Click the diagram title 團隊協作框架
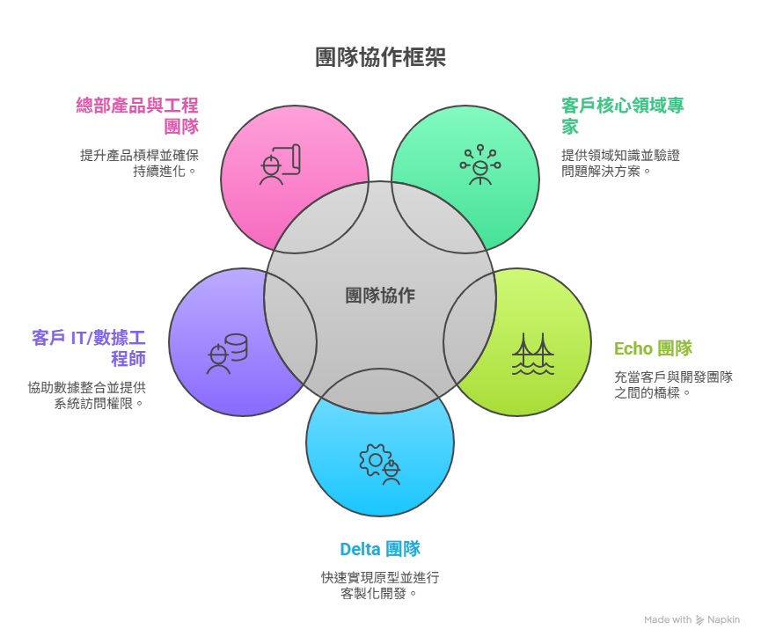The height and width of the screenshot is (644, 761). [380, 58]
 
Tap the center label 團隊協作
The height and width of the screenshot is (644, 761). [380, 296]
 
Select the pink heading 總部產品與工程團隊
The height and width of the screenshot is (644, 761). [137, 115]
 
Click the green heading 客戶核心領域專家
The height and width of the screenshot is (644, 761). [622, 115]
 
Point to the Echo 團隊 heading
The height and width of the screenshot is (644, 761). [653, 348]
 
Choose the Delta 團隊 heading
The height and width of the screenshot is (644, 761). [380, 550]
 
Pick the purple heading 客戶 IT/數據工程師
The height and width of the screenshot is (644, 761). [88, 348]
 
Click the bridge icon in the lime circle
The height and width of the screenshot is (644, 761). [533, 354]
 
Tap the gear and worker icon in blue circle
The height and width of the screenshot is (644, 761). [380, 464]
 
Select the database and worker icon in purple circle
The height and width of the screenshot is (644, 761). [226, 354]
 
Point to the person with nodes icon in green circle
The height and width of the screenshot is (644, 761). [479, 165]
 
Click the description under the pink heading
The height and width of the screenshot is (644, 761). [139, 163]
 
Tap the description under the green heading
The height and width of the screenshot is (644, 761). [620, 163]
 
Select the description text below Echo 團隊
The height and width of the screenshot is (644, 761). [673, 384]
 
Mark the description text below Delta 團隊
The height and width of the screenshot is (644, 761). [380, 585]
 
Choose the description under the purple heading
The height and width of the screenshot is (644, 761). [86, 395]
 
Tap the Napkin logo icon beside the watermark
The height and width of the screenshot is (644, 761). [700, 620]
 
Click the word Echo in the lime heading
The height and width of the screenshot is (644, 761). [633, 348]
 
